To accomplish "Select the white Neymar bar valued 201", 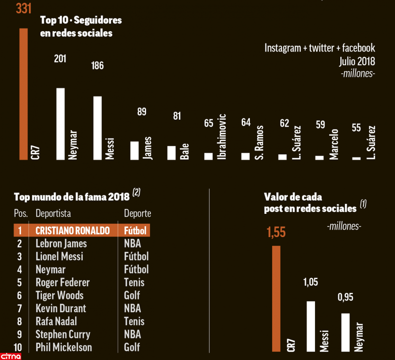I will tap(61, 123).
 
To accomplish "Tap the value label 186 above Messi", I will tap(97, 66).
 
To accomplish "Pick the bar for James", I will tap(134, 150).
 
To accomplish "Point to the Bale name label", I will tap(185, 151).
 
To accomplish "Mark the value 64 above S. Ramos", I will tap(246, 123).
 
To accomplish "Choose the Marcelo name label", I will tap(334, 143).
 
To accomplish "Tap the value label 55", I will tap(356, 128).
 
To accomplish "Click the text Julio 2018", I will tap(357, 61).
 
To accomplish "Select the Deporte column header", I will tap(137, 213).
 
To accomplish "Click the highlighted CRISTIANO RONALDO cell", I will tap(72, 230).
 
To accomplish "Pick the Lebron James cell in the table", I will tap(61, 244).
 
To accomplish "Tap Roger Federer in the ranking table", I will tap(62, 282).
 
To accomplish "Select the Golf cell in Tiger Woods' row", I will tap(132, 296).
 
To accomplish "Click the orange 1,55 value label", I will tap(276, 232).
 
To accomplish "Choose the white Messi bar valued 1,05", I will tap(310, 326).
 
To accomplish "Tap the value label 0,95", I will tap(345, 298).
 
